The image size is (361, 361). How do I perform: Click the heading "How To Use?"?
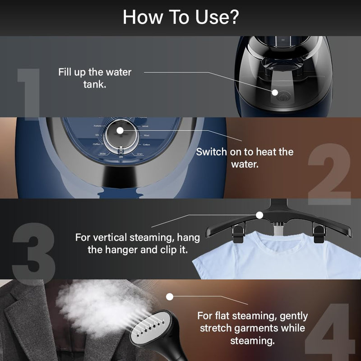180,18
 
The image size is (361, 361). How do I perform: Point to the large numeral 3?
34,253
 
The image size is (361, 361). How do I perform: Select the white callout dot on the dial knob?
120,131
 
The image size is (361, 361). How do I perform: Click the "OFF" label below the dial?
120,156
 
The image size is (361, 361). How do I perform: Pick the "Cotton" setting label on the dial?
146,145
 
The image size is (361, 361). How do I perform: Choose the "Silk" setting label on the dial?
97,135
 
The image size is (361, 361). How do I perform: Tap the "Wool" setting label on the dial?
147,135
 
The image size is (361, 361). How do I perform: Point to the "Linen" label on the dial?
140,154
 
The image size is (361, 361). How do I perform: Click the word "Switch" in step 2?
212,152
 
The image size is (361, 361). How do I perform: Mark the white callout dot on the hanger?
259,215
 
